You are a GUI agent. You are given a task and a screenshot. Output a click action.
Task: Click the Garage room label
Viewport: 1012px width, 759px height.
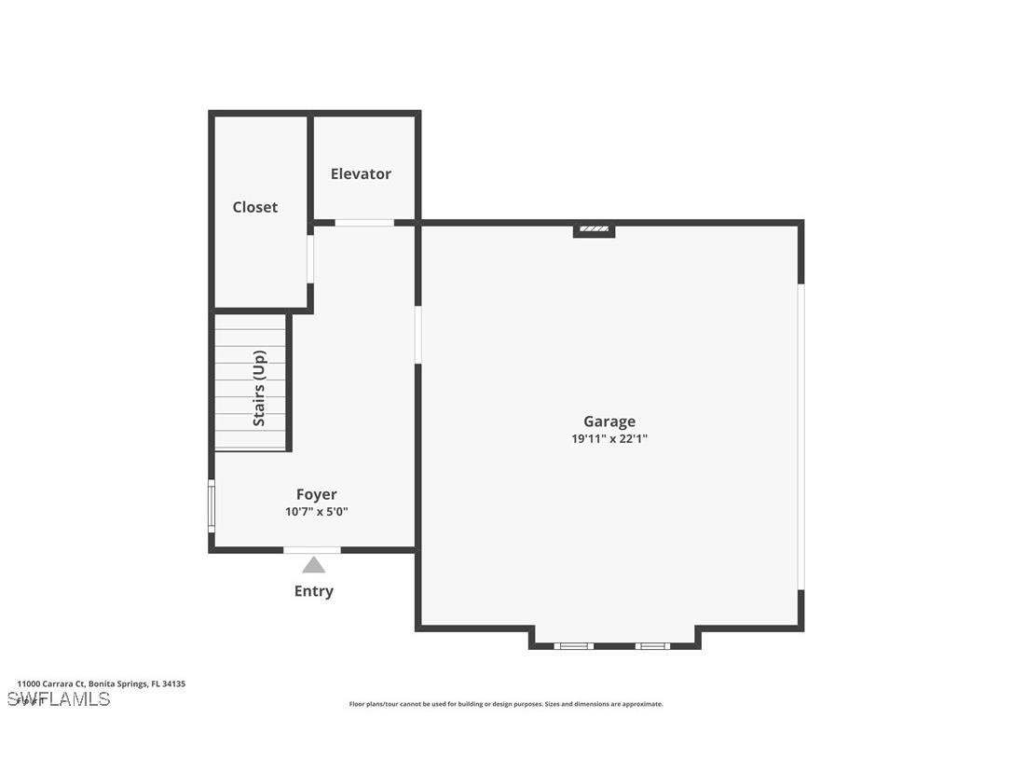[609, 421]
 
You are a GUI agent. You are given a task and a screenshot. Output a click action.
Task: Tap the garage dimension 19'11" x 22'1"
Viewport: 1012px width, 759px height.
[609, 438]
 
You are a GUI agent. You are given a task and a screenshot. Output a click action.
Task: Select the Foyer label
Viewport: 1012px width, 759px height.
[316, 494]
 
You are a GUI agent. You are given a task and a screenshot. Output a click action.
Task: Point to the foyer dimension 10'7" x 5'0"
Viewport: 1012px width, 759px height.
[316, 512]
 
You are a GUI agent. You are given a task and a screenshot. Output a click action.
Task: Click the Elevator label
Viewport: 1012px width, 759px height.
[361, 173]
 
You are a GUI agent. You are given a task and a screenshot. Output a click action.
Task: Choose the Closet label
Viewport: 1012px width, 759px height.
[254, 207]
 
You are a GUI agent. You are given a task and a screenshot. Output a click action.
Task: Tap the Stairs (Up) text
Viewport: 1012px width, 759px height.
[259, 388]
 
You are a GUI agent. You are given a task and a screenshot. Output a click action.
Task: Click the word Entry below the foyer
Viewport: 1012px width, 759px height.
[313, 591]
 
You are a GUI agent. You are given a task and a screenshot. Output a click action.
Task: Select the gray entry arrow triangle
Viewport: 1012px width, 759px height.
[313, 565]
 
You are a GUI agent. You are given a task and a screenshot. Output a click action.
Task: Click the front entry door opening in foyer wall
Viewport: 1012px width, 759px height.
[312, 550]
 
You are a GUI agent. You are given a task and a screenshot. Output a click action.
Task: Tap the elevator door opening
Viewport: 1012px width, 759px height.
[364, 223]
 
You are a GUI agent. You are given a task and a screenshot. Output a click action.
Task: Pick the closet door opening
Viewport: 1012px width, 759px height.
[310, 258]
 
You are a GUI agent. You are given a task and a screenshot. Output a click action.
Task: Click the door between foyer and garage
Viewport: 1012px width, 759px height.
[418, 334]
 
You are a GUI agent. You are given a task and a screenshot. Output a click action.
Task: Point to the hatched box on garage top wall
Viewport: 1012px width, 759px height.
[594, 228]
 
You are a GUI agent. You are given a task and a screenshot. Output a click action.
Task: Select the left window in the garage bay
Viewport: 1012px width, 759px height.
[573, 645]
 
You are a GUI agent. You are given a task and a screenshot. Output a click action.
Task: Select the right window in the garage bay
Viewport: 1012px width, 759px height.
[652, 645]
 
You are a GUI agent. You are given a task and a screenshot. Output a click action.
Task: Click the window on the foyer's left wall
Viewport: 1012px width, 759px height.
[212, 506]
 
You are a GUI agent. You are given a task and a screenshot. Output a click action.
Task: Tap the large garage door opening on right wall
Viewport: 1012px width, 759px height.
[800, 436]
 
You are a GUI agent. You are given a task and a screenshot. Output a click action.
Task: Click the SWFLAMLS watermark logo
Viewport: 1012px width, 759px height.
[58, 699]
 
